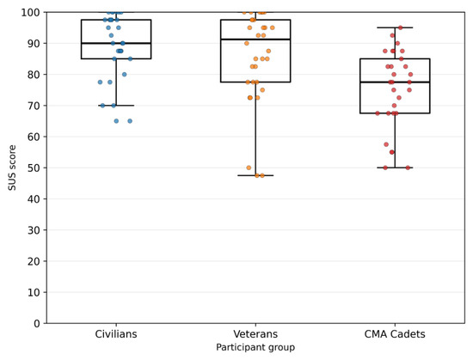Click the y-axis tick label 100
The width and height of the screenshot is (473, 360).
[30, 13]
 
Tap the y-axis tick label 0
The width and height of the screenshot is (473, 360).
[37, 324]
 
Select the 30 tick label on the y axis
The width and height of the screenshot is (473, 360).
[34, 230]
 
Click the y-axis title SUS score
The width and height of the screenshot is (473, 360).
[12, 168]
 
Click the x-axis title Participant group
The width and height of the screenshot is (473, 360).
[255, 347]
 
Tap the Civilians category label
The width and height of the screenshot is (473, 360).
[116, 334]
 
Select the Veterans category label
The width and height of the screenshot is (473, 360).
[255, 334]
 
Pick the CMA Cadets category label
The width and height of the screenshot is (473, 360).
[395, 334]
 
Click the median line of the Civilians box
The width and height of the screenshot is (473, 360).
[116, 43]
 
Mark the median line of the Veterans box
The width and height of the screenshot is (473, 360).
[255, 40]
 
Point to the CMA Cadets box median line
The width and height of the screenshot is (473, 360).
[395, 82]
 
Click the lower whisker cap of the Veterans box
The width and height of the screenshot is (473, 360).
[255, 175]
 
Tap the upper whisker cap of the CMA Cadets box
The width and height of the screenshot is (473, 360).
[395, 27]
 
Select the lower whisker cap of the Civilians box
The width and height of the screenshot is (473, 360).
[116, 106]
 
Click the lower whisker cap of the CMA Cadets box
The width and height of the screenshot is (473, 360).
[395, 168]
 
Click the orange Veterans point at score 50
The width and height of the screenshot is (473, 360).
[249, 168]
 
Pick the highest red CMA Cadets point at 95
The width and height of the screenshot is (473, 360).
[401, 27]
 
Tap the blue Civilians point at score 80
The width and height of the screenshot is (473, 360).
[125, 75]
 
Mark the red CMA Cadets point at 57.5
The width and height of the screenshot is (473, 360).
[386, 144]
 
